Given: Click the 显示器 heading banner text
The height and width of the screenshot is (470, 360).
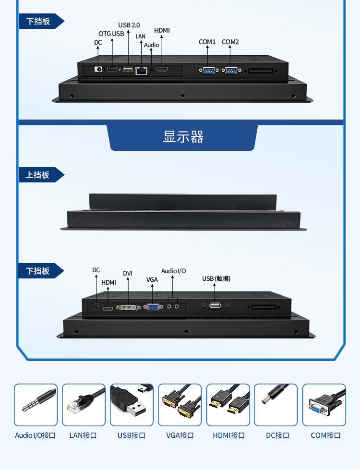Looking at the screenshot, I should (x=183, y=137).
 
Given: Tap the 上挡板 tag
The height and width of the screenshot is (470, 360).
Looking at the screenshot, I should (x=38, y=175).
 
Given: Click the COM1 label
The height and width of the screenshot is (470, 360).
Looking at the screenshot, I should (x=207, y=42).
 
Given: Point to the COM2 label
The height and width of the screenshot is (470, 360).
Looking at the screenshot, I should (x=230, y=42).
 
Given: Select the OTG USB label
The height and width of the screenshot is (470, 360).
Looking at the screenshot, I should (x=111, y=34).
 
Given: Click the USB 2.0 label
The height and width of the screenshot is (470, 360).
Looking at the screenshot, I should (x=129, y=25).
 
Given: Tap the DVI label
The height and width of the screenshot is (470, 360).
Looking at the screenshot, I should (x=128, y=274).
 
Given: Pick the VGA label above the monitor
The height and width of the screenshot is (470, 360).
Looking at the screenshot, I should (x=152, y=280).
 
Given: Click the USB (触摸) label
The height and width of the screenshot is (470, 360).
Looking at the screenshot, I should (x=216, y=279).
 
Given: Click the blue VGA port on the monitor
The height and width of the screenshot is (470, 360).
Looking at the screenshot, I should (x=153, y=306).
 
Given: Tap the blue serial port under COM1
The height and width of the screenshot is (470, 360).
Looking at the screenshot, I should (x=207, y=71).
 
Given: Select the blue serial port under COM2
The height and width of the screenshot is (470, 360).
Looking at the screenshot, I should (x=230, y=71).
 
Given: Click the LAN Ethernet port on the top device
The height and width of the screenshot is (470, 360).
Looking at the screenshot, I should (x=142, y=70).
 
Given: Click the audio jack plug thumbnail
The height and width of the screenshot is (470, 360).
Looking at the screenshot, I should (x=36, y=405).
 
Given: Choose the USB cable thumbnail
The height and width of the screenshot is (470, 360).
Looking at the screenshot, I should (x=132, y=405).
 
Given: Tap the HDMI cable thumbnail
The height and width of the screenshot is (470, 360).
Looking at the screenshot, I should (x=228, y=405).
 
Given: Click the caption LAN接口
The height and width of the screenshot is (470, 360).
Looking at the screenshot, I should (x=83, y=435).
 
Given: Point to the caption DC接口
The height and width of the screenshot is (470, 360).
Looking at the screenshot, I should (x=277, y=435).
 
